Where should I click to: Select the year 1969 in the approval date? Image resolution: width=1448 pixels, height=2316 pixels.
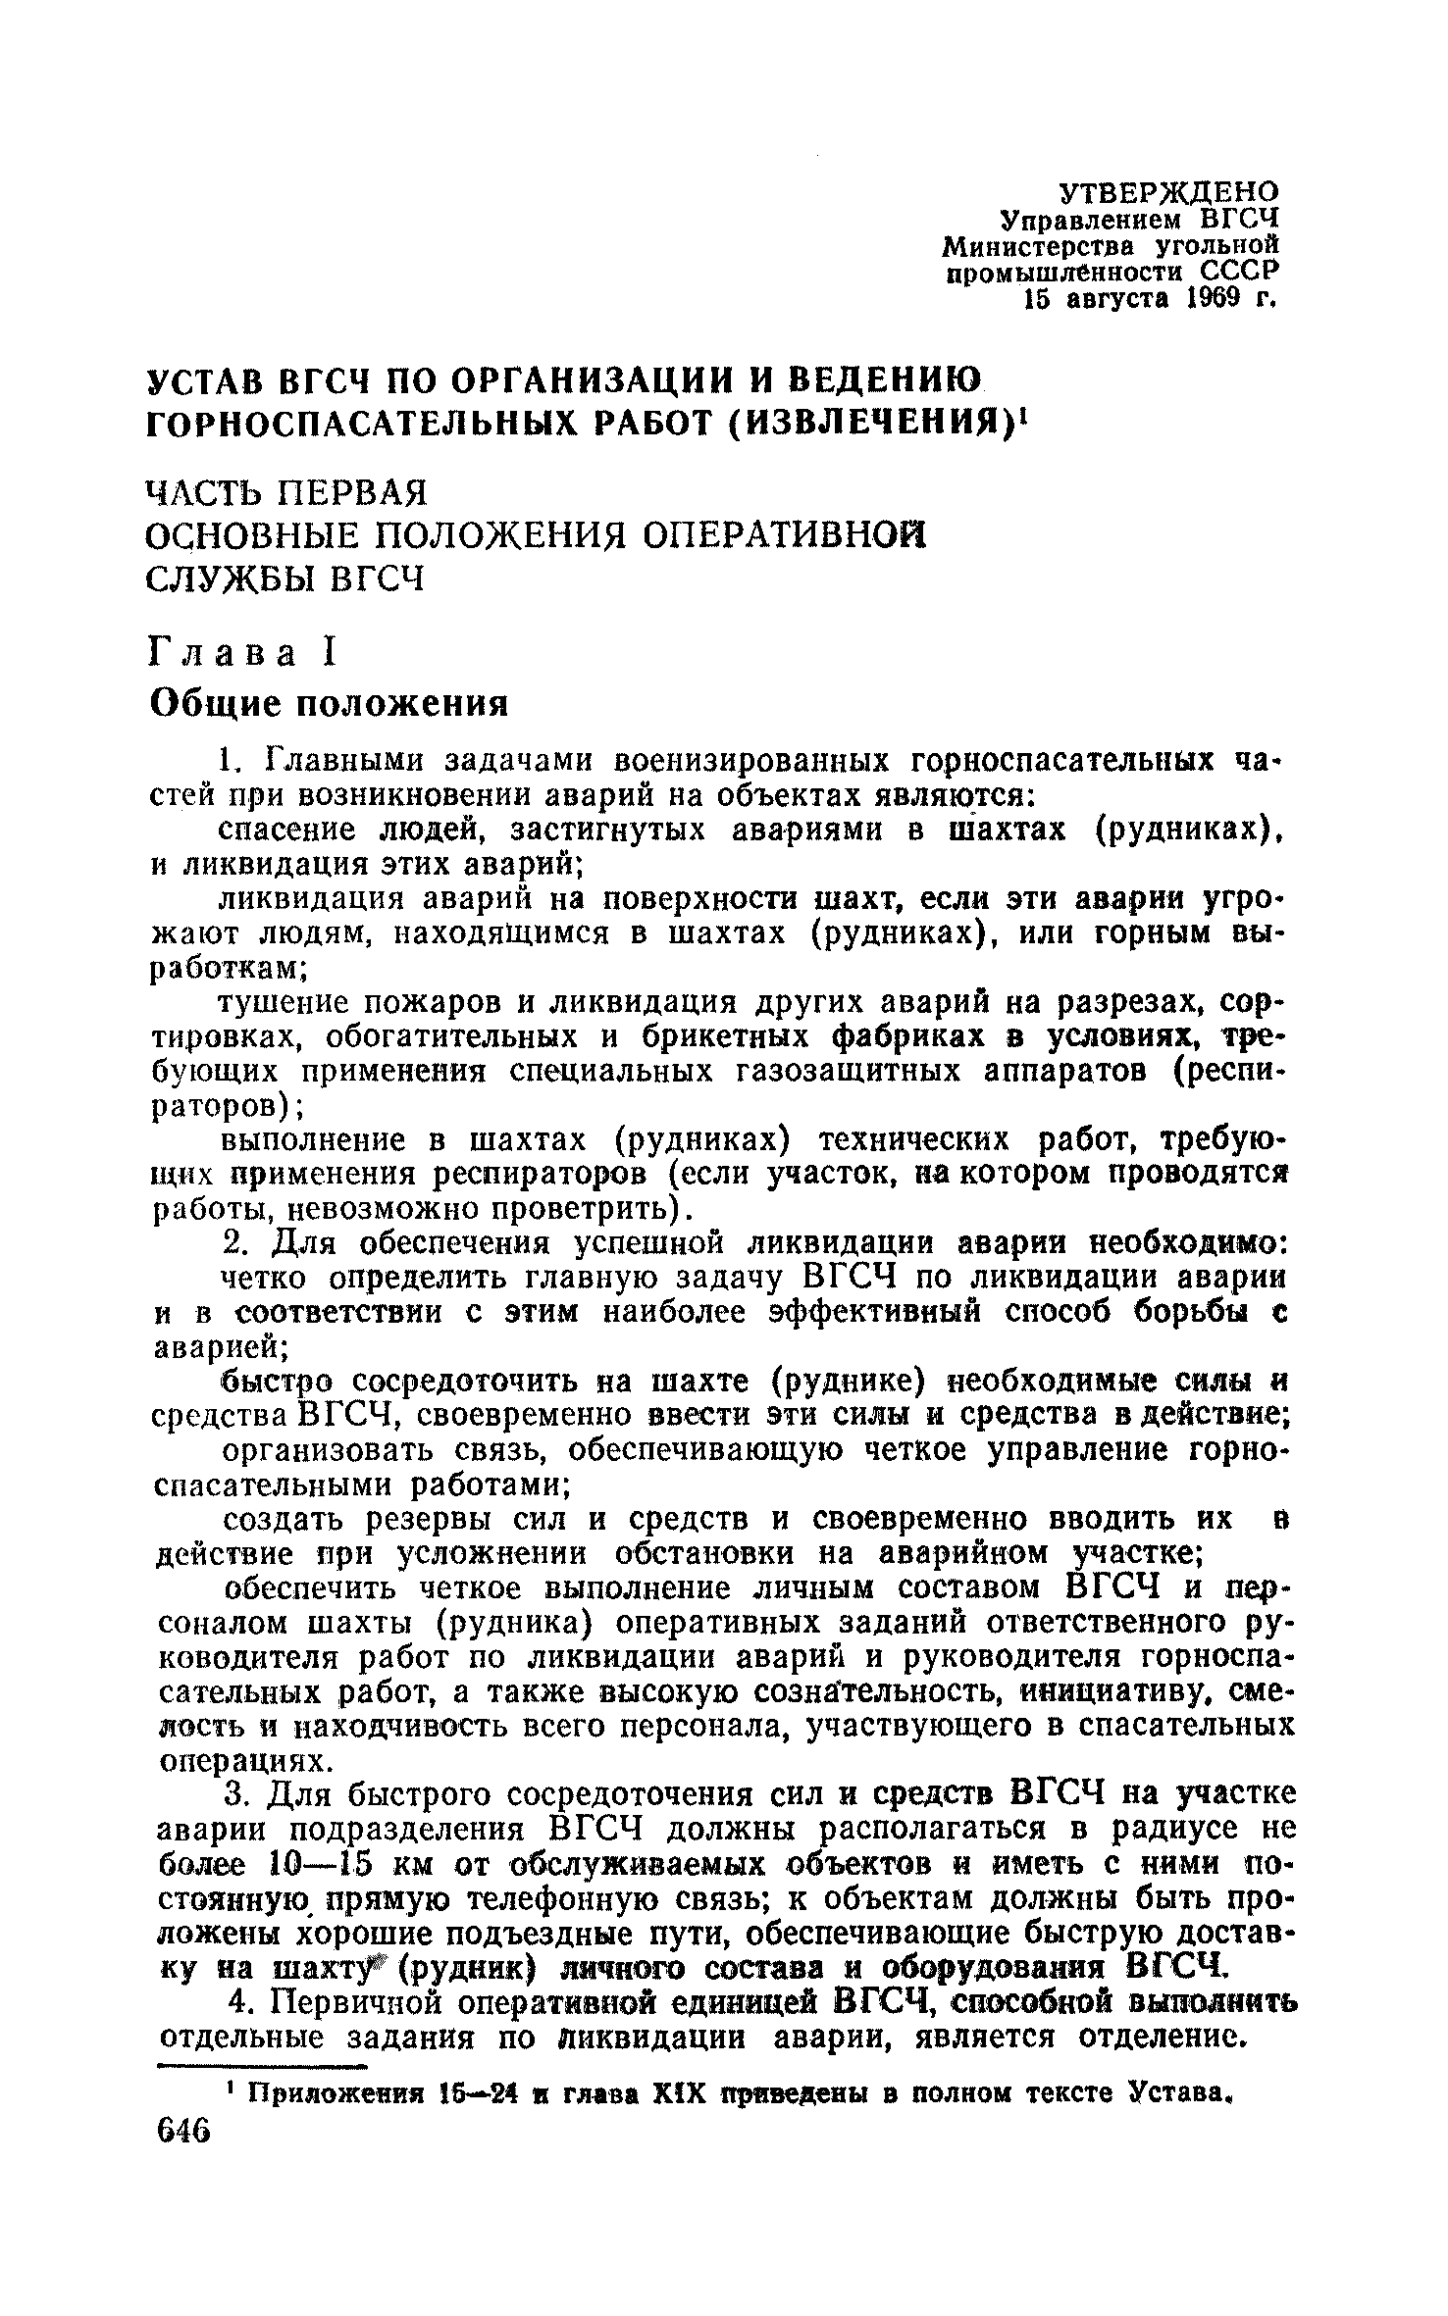1216,299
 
